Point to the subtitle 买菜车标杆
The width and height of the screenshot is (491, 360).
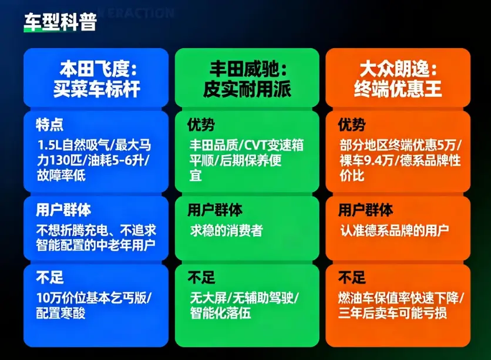click(97, 89)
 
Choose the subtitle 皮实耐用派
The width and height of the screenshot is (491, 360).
click(247, 89)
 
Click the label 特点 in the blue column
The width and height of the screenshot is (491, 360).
click(49, 125)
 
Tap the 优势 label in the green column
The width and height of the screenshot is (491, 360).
click(201, 125)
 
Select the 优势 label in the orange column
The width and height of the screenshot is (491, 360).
click(352, 125)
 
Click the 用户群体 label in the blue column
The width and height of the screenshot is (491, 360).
click(63, 210)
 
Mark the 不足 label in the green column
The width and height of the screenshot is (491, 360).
click(201, 277)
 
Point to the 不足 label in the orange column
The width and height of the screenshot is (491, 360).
click(352, 277)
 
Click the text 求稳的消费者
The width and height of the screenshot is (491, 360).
click(226, 230)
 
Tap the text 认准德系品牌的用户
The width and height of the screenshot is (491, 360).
click(394, 230)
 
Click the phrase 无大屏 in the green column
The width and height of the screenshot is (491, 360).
click(206, 297)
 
